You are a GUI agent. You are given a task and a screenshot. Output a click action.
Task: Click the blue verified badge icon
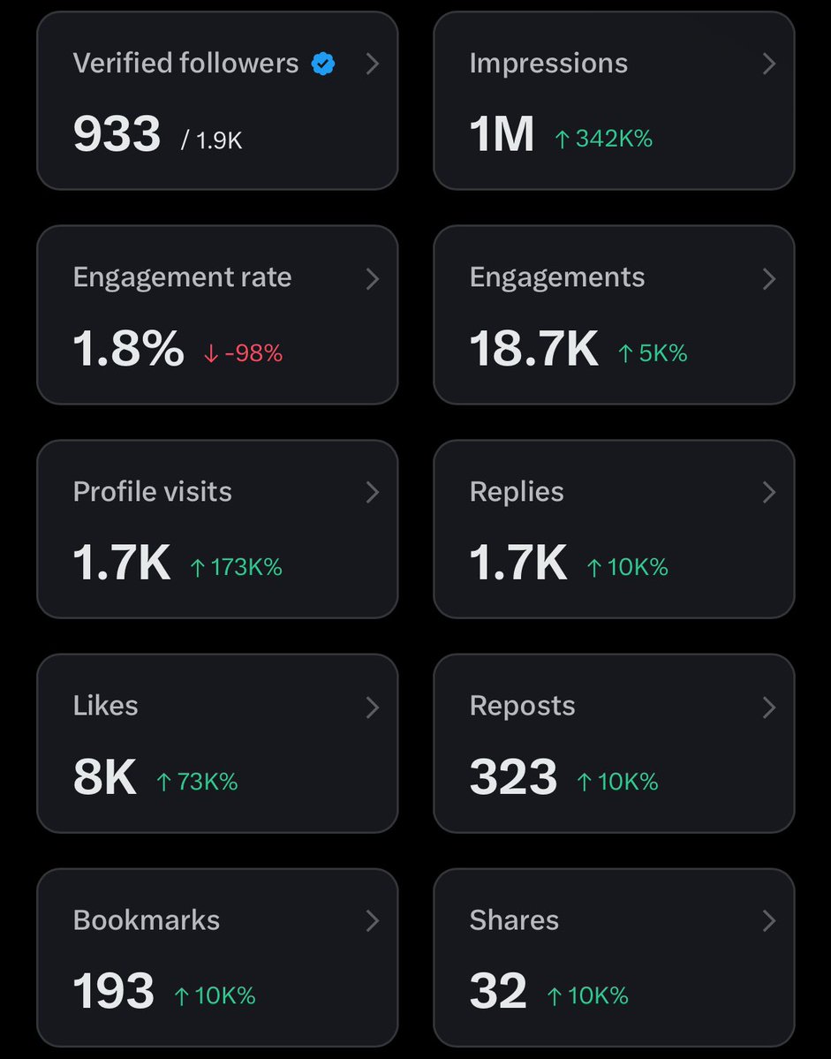click(323, 64)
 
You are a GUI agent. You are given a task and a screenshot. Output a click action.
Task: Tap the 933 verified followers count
click(117, 135)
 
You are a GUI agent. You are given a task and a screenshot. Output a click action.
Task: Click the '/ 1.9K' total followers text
click(212, 140)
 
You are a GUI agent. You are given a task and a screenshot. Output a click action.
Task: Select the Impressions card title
click(548, 64)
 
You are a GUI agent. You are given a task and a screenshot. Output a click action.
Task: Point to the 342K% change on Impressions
click(603, 139)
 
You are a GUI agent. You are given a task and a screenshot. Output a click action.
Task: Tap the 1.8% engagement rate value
click(128, 349)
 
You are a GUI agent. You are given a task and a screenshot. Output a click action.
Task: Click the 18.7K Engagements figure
click(533, 349)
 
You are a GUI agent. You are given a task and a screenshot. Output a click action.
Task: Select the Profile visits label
click(152, 492)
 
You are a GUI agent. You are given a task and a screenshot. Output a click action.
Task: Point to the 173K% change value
click(236, 567)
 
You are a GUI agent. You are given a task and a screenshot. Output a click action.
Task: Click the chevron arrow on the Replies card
click(768, 492)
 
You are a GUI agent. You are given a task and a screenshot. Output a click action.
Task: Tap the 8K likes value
click(104, 778)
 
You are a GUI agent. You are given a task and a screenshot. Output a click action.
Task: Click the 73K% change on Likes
click(197, 782)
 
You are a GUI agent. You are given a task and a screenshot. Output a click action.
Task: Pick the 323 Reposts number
click(513, 778)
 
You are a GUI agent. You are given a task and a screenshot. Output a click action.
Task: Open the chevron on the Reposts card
click(768, 707)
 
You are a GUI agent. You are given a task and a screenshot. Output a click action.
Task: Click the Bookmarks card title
click(146, 920)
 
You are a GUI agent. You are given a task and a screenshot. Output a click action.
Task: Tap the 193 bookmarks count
click(113, 992)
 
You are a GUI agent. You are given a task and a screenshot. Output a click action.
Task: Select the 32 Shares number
click(498, 992)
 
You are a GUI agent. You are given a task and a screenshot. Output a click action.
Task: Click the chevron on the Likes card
click(372, 707)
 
